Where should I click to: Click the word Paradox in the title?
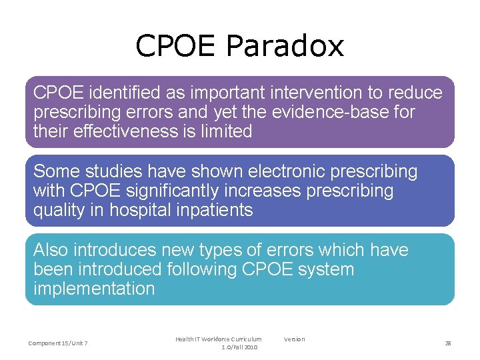(x=285, y=47)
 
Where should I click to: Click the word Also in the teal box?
(x=51, y=250)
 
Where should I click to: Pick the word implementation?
(x=94, y=289)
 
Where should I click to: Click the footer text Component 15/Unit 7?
(x=58, y=343)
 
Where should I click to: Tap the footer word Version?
(x=294, y=339)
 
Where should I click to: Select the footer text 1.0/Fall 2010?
(x=239, y=347)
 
